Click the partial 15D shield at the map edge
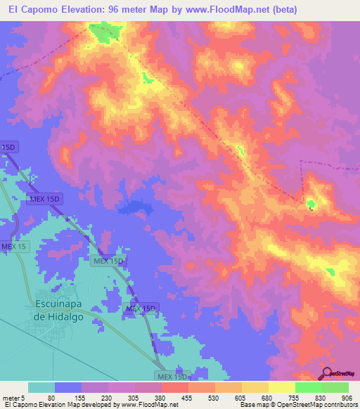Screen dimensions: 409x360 point(8,147)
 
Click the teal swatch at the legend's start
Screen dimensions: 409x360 point(41,387)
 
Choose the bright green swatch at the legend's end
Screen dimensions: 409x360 point(335,387)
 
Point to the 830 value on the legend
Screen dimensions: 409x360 point(322,397)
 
